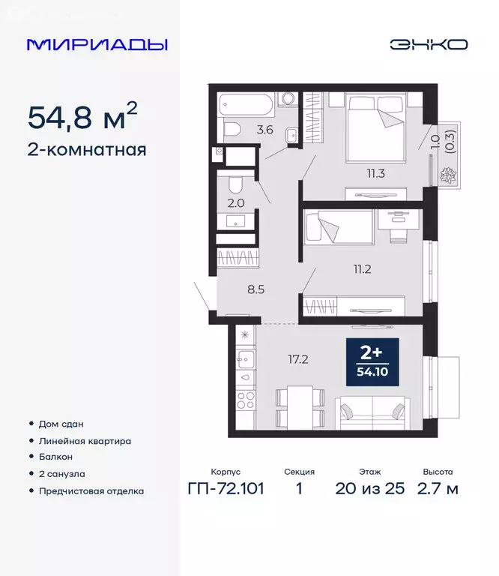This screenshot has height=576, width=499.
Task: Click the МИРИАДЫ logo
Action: pos(97,44)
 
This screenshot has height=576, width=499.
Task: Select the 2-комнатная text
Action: pos(87,149)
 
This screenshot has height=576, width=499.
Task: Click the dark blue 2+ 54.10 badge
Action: pos(372,364)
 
